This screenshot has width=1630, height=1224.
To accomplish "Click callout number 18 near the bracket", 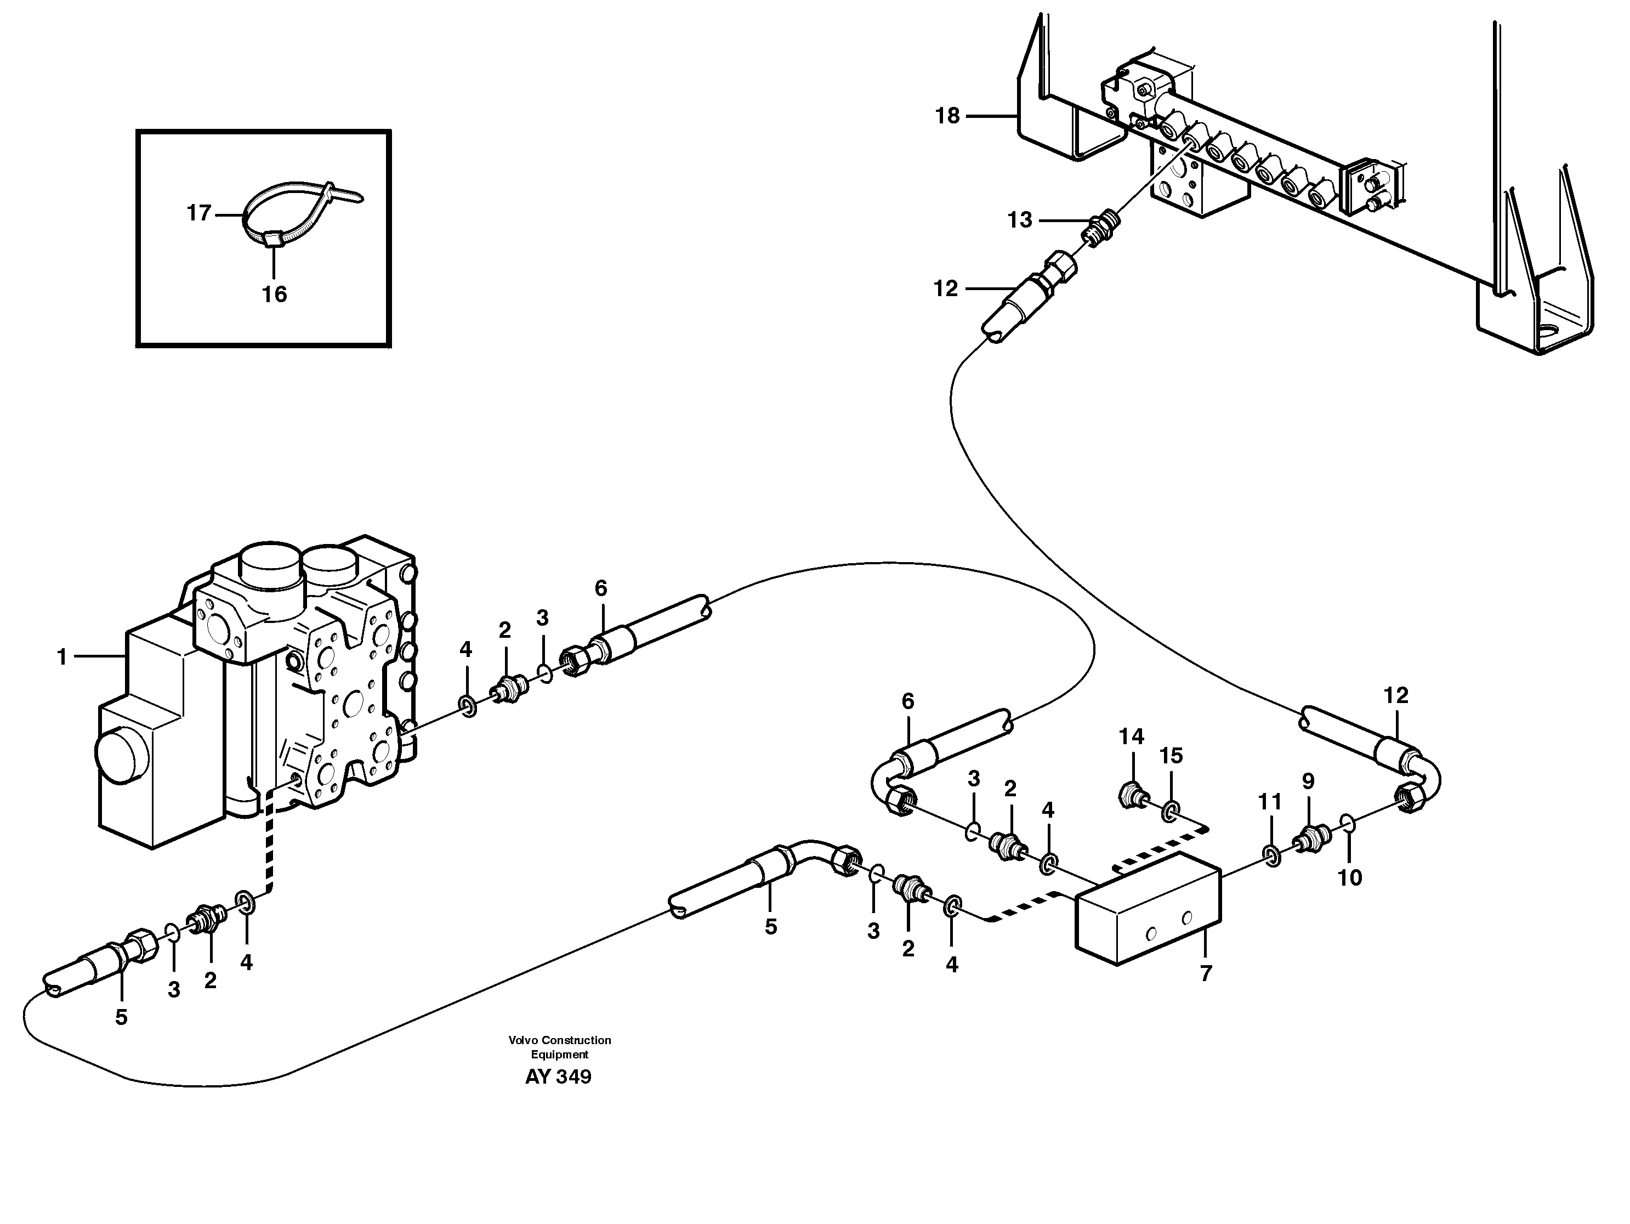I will point(947,116).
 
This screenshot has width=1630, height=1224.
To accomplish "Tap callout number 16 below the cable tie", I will point(274,295).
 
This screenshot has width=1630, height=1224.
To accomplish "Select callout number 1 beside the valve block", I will point(63,656).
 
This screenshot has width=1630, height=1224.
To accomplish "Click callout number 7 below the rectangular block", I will point(1206,973).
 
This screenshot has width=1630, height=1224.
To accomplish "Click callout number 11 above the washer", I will point(1270,801).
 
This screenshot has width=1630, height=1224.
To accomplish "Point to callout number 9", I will point(1308,781).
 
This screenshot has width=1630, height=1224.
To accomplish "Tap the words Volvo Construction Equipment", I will point(559,1047).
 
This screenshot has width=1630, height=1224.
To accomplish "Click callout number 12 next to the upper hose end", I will point(946,289).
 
